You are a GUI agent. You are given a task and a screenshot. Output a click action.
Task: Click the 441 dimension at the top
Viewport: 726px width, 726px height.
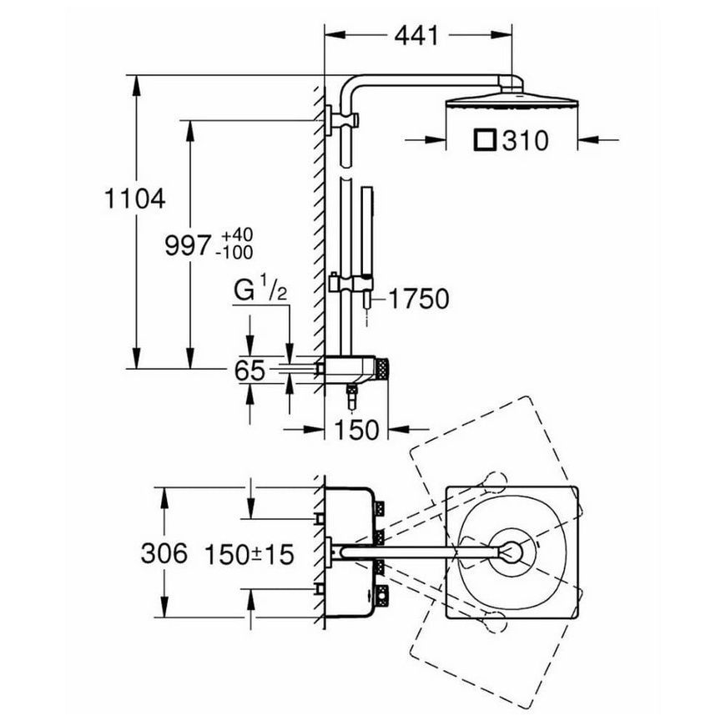point(416,36)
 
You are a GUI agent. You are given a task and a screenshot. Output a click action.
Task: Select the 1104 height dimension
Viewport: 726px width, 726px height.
point(134,199)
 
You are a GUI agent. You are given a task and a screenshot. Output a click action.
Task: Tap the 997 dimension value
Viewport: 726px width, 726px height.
point(188,245)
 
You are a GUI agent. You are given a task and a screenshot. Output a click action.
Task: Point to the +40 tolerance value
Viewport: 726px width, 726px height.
point(237,235)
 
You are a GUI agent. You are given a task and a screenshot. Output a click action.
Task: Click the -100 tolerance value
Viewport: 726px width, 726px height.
point(237,253)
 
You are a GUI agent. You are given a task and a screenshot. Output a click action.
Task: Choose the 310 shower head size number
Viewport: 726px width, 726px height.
point(525,140)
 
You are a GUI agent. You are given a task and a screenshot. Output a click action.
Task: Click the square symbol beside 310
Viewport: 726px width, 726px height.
point(485,140)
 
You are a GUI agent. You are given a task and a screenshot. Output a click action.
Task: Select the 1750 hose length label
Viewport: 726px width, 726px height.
point(419,299)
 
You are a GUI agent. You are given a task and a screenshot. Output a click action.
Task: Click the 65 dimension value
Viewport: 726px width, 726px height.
point(250,371)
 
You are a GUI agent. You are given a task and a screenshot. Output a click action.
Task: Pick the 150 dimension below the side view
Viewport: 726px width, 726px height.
point(356,430)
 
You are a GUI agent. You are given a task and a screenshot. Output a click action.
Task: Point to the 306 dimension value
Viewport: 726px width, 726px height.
point(164,553)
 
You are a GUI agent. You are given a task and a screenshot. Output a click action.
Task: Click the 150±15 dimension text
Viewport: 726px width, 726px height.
point(250,554)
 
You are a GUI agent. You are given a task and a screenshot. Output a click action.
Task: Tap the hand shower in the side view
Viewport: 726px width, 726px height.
point(367,231)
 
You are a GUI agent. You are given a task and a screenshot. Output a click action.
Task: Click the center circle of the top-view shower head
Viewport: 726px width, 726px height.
point(512,552)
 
